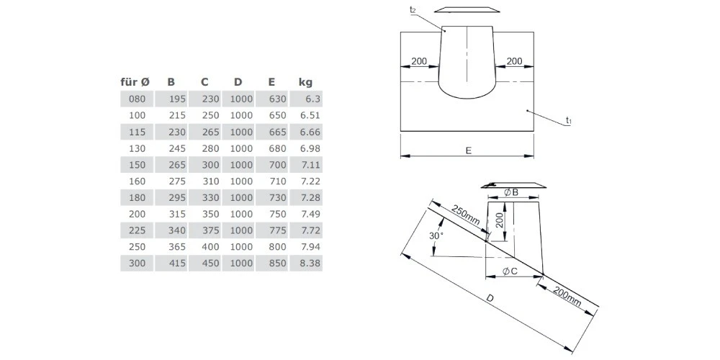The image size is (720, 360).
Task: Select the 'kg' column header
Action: (305, 82)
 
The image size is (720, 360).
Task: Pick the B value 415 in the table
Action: (176, 264)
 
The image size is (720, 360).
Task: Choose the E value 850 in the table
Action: (277, 264)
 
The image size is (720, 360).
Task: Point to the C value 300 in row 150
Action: (210, 165)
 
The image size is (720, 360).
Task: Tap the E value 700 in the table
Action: (277, 165)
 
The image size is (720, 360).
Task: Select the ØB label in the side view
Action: (511, 192)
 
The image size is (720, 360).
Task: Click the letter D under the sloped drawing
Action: (490, 297)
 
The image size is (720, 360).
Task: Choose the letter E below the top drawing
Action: (469, 150)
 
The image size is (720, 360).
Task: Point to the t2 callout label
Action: (412, 9)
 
